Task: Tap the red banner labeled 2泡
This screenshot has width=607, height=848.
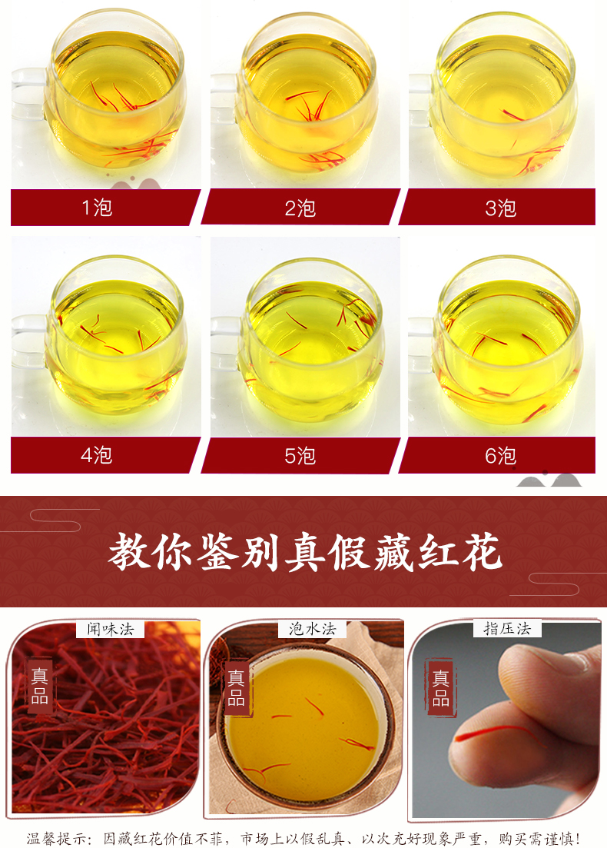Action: [300, 207]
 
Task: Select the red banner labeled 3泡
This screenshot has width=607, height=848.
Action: [497, 207]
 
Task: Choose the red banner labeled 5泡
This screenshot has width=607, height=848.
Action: [300, 455]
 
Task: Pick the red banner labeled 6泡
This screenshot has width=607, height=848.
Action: [497, 455]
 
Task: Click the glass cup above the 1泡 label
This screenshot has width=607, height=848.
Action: [100, 92]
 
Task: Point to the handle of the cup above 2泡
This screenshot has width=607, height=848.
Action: [225, 98]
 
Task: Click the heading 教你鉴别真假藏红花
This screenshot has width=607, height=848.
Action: [305, 552]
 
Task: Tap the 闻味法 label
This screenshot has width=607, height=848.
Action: [111, 629]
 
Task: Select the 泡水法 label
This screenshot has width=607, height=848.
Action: [312, 628]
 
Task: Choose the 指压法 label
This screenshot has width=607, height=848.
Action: [507, 628]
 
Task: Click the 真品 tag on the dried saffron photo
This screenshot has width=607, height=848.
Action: [40, 686]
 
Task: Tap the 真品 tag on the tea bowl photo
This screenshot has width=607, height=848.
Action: [236, 688]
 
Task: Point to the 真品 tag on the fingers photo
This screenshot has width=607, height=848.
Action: [440, 688]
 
